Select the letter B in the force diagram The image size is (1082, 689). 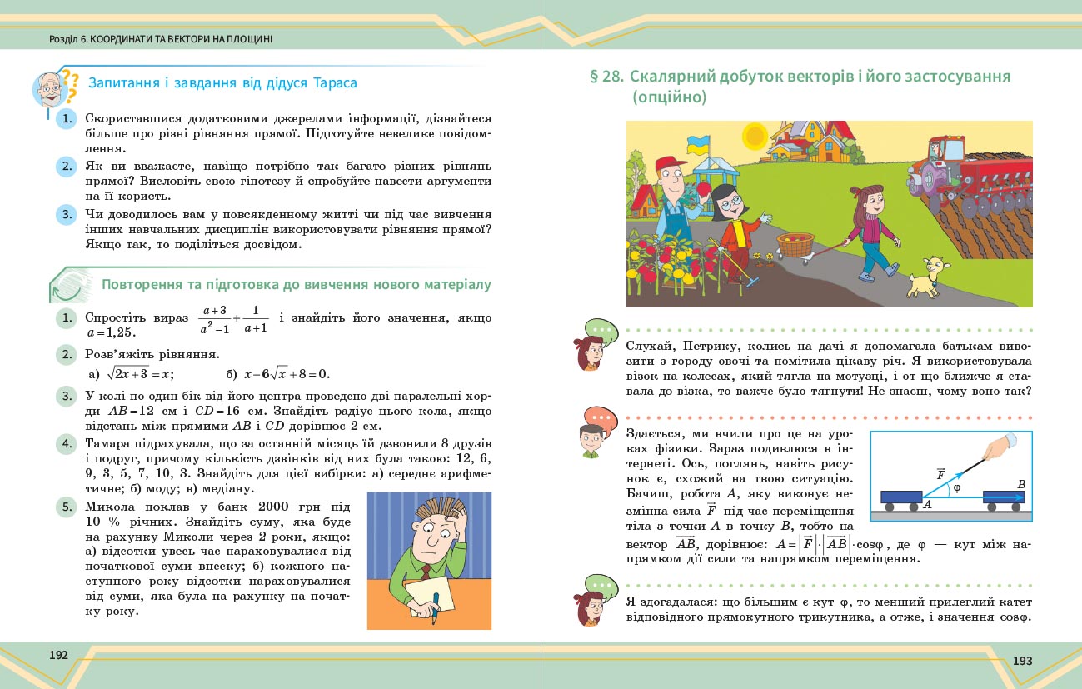click(x=1020, y=484)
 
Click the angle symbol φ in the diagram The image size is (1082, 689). click(x=957, y=487)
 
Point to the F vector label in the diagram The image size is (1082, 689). click(x=940, y=473)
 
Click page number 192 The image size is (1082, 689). click(x=58, y=655)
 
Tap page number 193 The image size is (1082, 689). click(x=1022, y=661)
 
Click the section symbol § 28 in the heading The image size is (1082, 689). click(x=606, y=77)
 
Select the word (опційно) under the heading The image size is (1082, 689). click(x=669, y=97)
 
